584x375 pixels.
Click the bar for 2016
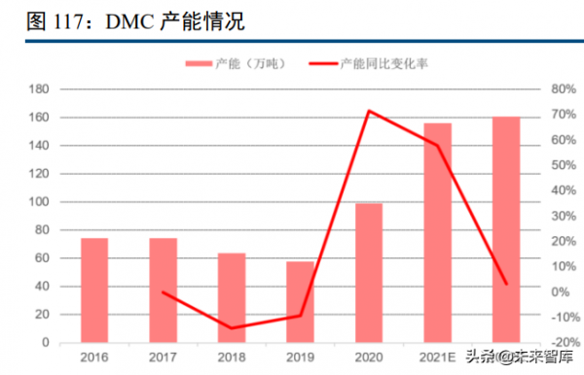click(x=94, y=290)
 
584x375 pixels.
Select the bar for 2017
click(x=163, y=290)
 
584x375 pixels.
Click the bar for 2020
click(x=369, y=273)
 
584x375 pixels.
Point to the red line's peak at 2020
click(x=369, y=111)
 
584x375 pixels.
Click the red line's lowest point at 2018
click(x=232, y=328)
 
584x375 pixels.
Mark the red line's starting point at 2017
click(x=163, y=292)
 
